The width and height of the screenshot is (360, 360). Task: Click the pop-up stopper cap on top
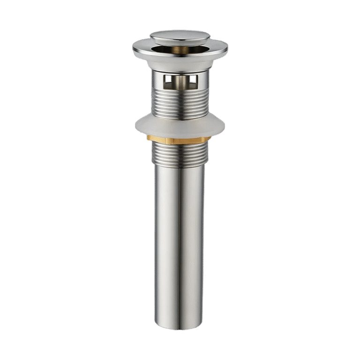180,37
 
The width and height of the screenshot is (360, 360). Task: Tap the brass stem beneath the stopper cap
180,50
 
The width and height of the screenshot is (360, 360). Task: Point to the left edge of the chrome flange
135,46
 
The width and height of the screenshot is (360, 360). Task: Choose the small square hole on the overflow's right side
193,82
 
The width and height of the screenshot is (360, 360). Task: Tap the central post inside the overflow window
180,82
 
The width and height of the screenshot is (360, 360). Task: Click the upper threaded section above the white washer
180,103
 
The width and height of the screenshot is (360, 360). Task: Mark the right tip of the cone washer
223,125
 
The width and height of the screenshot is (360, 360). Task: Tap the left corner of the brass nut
148,138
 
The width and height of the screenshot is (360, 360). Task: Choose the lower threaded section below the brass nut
180,154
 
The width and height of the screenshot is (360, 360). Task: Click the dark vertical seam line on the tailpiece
180,244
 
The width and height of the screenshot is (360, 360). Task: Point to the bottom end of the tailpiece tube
180,327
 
